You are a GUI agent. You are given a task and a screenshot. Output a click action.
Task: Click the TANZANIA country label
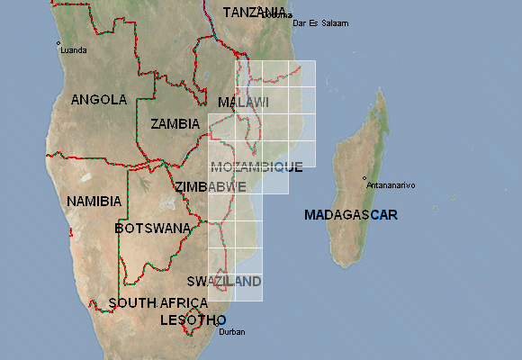point(255,13)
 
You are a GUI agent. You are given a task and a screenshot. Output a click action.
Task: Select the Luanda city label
point(73,49)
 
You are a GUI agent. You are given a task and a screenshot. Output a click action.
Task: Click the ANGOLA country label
point(99,100)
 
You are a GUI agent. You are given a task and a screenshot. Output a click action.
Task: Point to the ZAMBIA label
point(176,123)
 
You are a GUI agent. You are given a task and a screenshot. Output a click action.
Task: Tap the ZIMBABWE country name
point(210,186)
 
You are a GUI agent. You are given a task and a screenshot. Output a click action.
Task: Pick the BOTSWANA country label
point(153,229)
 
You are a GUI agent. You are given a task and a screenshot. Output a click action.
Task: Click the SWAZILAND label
point(224,281)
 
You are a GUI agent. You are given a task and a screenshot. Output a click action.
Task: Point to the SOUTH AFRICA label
point(157,303)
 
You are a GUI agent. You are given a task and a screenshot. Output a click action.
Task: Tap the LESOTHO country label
point(193,320)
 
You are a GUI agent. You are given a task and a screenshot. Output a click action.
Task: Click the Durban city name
point(231,332)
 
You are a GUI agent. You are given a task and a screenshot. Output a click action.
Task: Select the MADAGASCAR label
point(350,215)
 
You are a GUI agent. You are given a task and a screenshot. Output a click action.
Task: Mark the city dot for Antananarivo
point(364,178)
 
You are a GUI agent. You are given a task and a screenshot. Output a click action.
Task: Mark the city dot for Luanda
point(58,43)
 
